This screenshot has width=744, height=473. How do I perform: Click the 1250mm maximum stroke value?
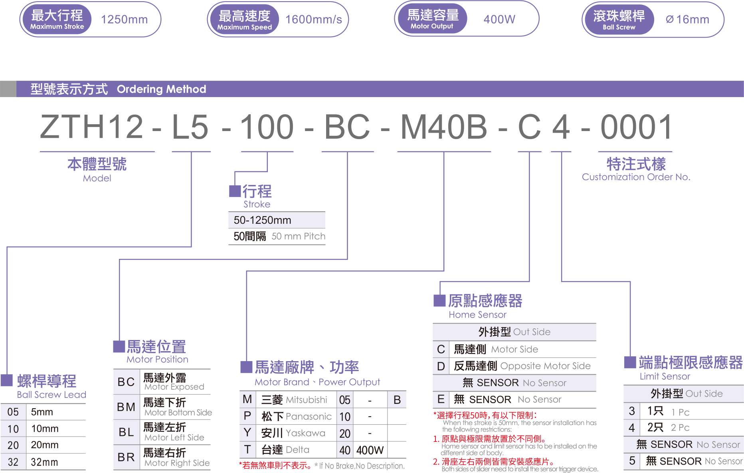pyautogui.click(x=124, y=19)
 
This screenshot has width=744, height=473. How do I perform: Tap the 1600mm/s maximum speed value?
pyautogui.click(x=314, y=19)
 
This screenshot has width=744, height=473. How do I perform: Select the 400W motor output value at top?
pyautogui.click(x=499, y=19)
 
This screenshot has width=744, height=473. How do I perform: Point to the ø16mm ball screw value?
pyautogui.click(x=687, y=19)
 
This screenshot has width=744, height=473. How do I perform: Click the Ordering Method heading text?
pyautogui.click(x=161, y=89)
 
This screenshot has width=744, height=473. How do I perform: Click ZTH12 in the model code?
pyautogui.click(x=91, y=127)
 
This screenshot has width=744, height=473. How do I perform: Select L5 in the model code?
pyautogui.click(x=190, y=127)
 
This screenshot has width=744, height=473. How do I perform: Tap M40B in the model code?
pyautogui.click(x=443, y=127)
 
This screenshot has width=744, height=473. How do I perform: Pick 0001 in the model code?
pyautogui.click(x=637, y=127)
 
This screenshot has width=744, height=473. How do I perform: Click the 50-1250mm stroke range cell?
pyautogui.click(x=263, y=220)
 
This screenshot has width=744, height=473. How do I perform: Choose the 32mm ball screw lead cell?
pyautogui.click(x=44, y=462)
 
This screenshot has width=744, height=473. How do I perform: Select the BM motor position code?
pyautogui.click(x=126, y=407)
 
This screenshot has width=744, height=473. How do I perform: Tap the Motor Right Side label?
pyautogui.click(x=177, y=463)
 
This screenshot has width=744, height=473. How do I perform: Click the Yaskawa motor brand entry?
pyautogui.click(x=305, y=433)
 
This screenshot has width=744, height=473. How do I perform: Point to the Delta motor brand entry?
pyautogui.click(x=297, y=450)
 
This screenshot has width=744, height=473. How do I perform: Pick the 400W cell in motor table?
pyautogui.click(x=370, y=450)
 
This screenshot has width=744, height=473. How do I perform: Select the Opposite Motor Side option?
pyautogui.click(x=545, y=366)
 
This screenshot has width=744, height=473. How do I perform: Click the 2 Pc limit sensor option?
pyautogui.click(x=680, y=427)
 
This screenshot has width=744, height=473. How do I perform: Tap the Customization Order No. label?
pyautogui.click(x=636, y=177)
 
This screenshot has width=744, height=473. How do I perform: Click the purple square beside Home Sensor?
pyautogui.click(x=439, y=300)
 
